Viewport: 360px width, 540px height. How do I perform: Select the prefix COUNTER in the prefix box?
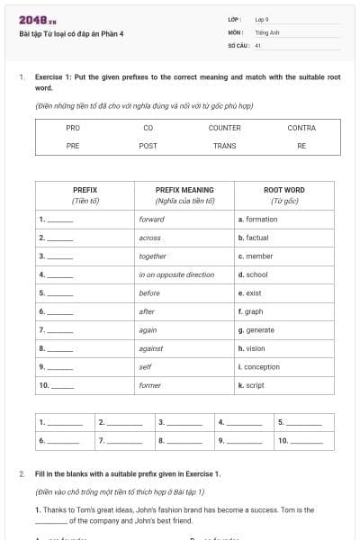(x=224, y=128)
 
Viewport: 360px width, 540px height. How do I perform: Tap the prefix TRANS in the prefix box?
(x=224, y=145)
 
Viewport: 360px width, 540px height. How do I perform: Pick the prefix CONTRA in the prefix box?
(x=301, y=128)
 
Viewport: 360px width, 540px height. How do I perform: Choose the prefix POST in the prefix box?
(x=148, y=145)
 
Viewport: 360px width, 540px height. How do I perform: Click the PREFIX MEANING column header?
(x=184, y=190)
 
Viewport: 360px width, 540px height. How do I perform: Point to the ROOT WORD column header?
(x=283, y=190)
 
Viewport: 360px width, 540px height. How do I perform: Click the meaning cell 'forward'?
(x=152, y=219)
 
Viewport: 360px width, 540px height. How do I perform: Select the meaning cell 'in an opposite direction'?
(x=176, y=274)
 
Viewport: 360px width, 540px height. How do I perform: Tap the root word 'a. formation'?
(x=257, y=219)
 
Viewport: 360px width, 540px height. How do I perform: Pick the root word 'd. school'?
(x=253, y=274)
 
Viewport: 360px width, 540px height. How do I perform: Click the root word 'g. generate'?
(x=256, y=329)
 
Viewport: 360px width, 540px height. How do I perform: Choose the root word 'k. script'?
(x=251, y=385)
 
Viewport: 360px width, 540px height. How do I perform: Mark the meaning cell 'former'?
(x=150, y=385)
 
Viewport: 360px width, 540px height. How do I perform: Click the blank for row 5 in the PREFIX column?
(x=60, y=293)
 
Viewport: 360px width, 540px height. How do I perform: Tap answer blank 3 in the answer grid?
(x=184, y=421)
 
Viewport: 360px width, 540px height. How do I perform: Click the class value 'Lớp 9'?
(x=262, y=19)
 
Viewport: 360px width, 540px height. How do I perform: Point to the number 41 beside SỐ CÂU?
(x=258, y=44)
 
